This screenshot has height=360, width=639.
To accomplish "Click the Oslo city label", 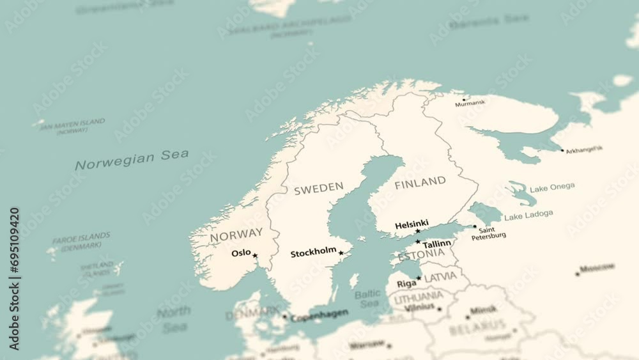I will pos(241,253).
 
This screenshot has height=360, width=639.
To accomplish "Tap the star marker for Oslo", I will pos(255,256).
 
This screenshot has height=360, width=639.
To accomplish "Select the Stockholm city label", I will pos(313,253).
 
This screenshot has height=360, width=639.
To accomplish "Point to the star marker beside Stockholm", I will pos(341,253).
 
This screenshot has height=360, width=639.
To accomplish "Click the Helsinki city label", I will pos(412,224).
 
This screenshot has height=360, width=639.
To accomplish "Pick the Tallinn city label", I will pos(436,244).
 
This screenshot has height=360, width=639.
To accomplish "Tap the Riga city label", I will pos(406,283).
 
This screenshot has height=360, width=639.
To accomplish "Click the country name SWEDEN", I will pos(318,188).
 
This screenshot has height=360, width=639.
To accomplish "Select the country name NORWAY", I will pos(236,235).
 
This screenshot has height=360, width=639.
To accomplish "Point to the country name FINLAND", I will pos(420,182).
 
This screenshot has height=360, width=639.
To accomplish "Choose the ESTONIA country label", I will pos(420,255).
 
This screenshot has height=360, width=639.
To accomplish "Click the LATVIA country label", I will pos(440,277).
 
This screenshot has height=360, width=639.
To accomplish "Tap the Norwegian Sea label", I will pos(132,159).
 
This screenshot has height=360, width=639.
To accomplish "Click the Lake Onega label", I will pos(552,187).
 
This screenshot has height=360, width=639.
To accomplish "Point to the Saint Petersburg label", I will pos(488,233).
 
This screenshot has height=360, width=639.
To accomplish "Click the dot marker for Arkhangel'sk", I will pos(562,151).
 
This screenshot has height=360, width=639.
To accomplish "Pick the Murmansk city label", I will pos(470,102).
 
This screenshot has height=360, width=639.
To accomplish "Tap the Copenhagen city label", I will pos(319,315).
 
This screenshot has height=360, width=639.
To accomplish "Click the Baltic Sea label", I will pos(367,299).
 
